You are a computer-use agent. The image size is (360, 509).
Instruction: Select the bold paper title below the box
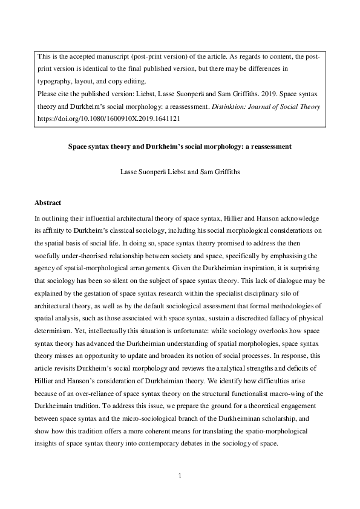[180, 146]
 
